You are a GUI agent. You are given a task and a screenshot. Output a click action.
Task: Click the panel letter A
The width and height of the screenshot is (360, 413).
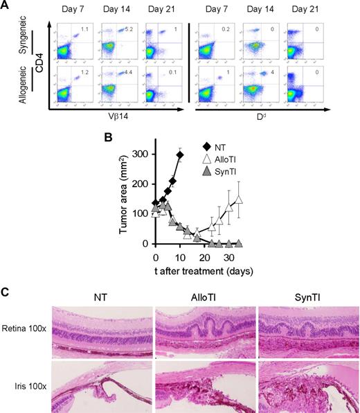[6, 6]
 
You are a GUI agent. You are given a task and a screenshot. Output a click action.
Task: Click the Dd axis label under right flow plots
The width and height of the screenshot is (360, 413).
[267, 118]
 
